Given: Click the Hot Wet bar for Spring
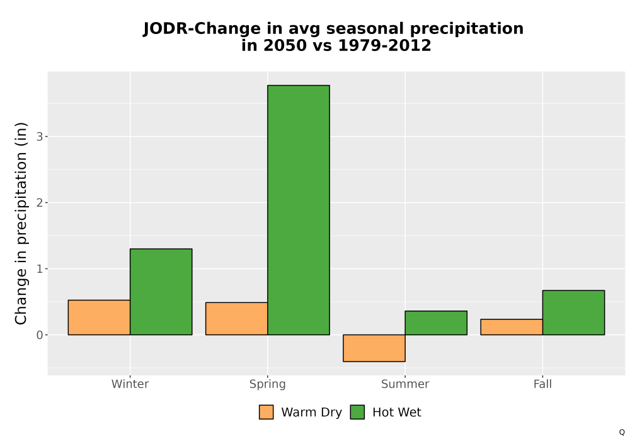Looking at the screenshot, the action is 299,210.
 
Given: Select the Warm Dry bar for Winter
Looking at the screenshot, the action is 100,318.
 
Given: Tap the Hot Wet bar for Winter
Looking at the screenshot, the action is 161,292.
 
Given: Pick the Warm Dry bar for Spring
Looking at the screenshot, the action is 237,319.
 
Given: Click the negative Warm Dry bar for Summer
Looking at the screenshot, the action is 374,348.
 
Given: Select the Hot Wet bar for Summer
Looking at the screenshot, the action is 436,323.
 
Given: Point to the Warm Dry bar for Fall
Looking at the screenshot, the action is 512,327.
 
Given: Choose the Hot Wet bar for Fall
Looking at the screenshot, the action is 573,312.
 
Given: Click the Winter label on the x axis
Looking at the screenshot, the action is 130,384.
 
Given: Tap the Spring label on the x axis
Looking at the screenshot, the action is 268,384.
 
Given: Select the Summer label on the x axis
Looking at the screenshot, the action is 405,384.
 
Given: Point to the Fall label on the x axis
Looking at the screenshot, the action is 542,384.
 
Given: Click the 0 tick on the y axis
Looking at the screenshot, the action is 39,335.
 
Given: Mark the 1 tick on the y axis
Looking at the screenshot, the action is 39,269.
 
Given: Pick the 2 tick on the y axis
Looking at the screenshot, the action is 39,203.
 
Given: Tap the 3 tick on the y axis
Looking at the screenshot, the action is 39,137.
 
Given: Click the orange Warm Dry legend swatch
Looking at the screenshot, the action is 266,412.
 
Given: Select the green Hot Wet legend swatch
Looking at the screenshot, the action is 357,412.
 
